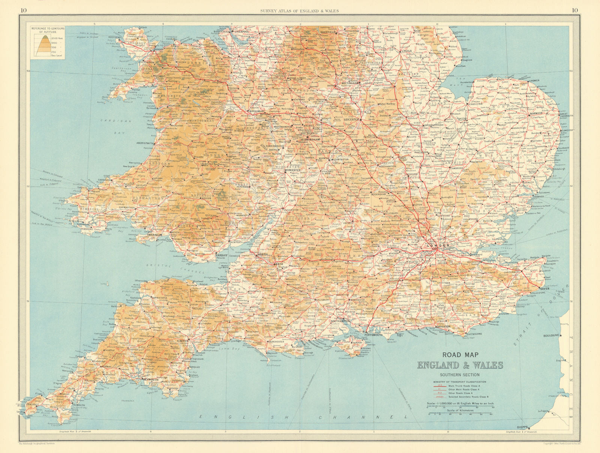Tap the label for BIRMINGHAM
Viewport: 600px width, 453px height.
tap(310, 139)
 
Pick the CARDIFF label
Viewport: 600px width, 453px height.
tap(222, 256)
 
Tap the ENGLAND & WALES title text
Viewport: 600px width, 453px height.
tap(460, 365)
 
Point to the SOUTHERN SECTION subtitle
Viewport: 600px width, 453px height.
tap(460, 375)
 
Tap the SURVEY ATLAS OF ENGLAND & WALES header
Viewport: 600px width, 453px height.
tap(299, 11)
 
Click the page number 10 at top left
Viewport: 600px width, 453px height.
tap(24, 10)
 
